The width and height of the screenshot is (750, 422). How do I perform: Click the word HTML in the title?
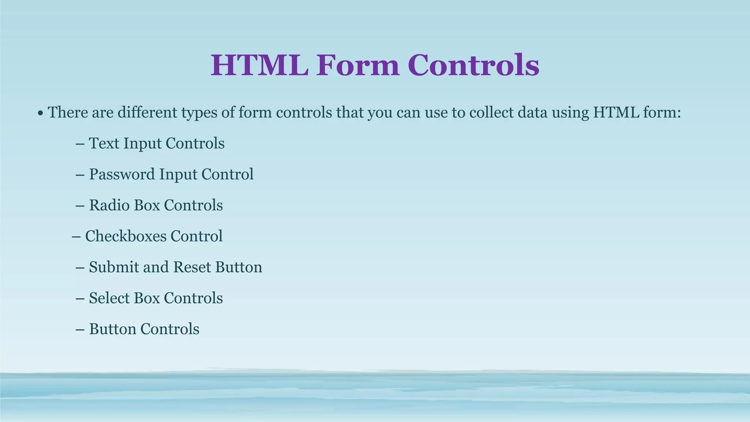tap(259, 65)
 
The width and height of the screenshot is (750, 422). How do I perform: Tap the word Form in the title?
tap(358, 65)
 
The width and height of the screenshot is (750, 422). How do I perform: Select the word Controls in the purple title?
tap(473, 65)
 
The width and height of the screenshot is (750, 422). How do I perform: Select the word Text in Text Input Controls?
tap(104, 143)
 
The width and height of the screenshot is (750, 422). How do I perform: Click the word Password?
tap(122, 174)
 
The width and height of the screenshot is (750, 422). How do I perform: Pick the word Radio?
tap(109, 205)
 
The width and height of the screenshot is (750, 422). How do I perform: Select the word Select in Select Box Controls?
tap(109, 298)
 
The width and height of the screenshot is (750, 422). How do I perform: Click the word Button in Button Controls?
tap(112, 329)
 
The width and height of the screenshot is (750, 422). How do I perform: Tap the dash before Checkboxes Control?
tap(76, 237)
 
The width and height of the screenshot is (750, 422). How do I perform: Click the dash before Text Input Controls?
tap(80, 144)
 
